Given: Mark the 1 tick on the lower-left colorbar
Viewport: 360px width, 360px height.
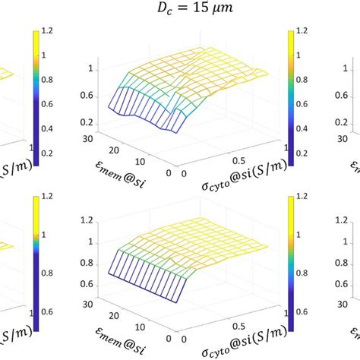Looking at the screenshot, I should pos(46,245).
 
